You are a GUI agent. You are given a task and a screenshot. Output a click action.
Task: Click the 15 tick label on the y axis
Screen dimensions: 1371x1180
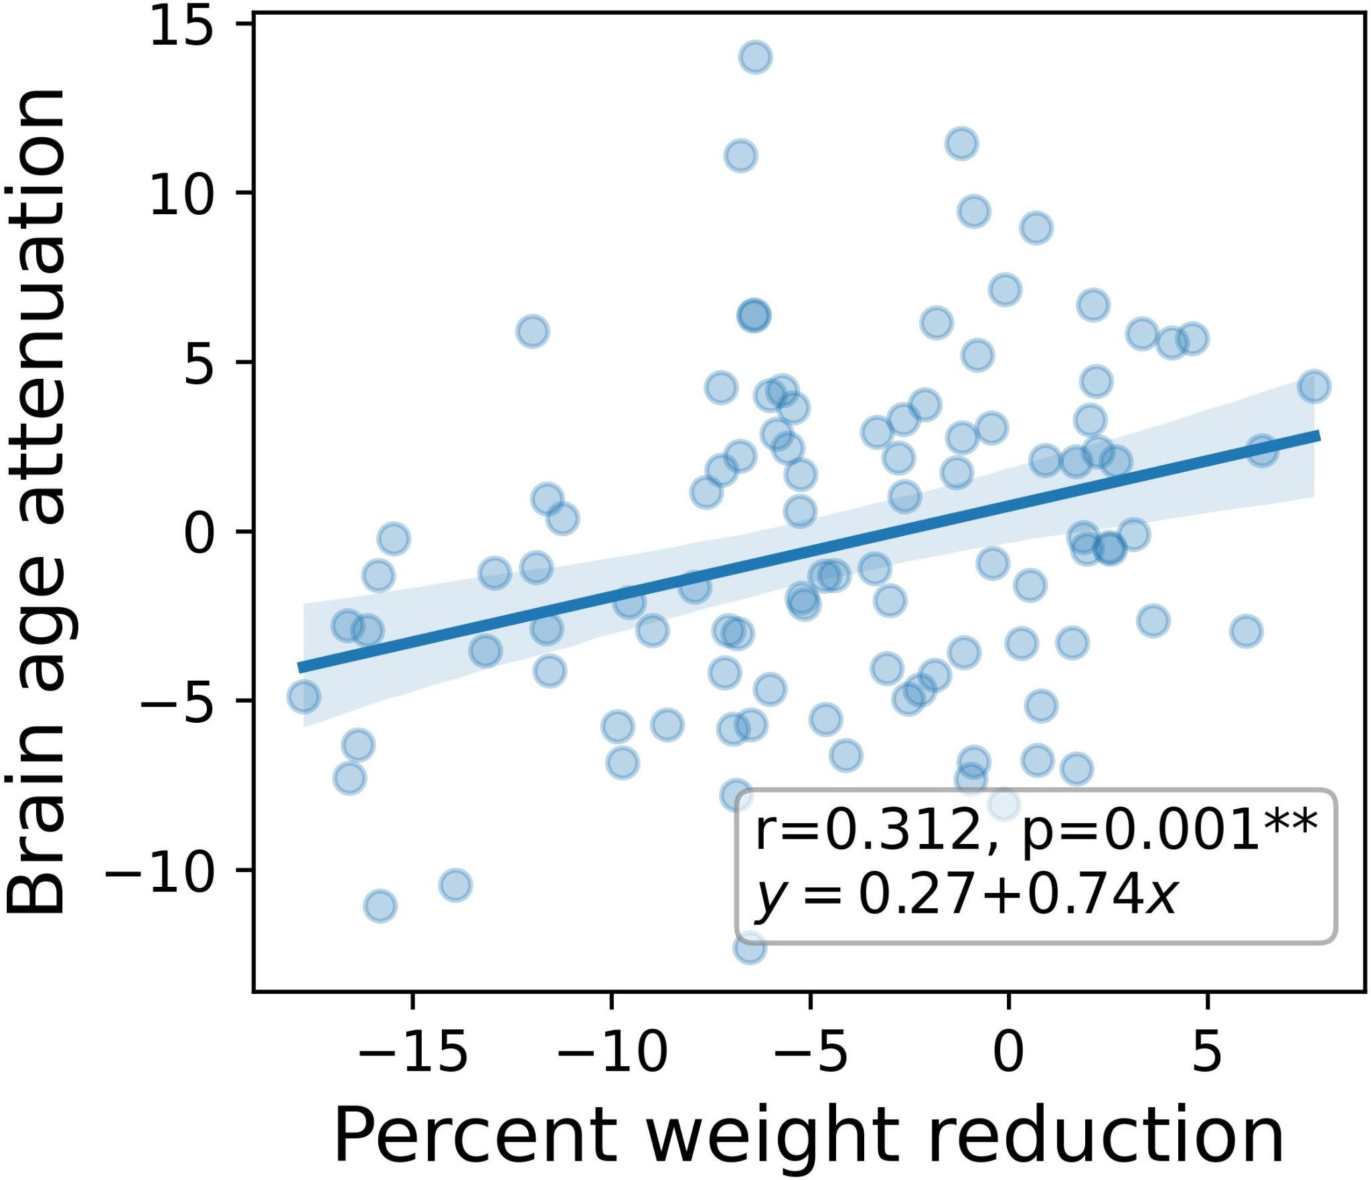[x=181, y=28]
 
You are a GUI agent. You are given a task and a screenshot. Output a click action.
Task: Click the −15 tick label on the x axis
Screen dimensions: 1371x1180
[x=412, y=1051]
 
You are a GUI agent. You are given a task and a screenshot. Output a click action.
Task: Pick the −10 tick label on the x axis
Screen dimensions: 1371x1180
[x=612, y=1051]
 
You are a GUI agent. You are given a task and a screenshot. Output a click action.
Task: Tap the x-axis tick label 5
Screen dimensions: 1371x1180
[x=1207, y=1051]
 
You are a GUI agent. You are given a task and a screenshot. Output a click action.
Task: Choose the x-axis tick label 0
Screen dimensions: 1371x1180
[x=1008, y=1051]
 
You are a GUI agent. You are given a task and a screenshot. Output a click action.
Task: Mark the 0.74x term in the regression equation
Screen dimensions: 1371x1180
[x=1102, y=895]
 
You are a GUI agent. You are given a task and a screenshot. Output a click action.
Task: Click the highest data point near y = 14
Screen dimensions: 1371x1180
[x=756, y=58]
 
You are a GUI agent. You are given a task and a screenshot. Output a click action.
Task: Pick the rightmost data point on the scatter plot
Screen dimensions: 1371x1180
[x=1314, y=387]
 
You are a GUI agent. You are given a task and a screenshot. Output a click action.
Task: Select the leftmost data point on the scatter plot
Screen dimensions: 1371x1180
[x=304, y=697]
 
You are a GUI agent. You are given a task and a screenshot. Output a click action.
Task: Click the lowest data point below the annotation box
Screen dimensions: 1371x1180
[x=750, y=948]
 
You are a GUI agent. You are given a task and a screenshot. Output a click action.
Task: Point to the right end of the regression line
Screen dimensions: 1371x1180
[x=1319, y=436]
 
